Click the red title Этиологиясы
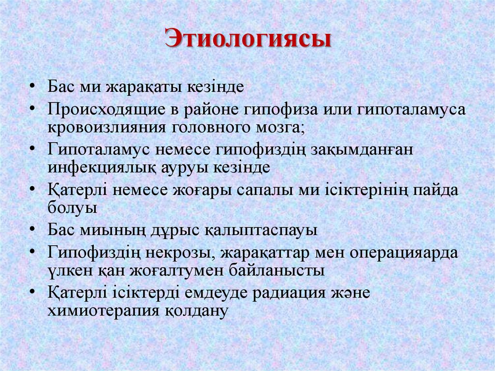point(247,39)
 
